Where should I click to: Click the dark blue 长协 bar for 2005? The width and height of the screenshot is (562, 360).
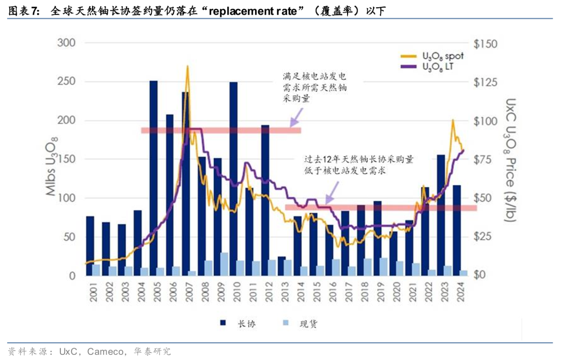tap(154, 177)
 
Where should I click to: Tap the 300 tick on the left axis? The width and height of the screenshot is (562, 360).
tap(66, 43)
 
